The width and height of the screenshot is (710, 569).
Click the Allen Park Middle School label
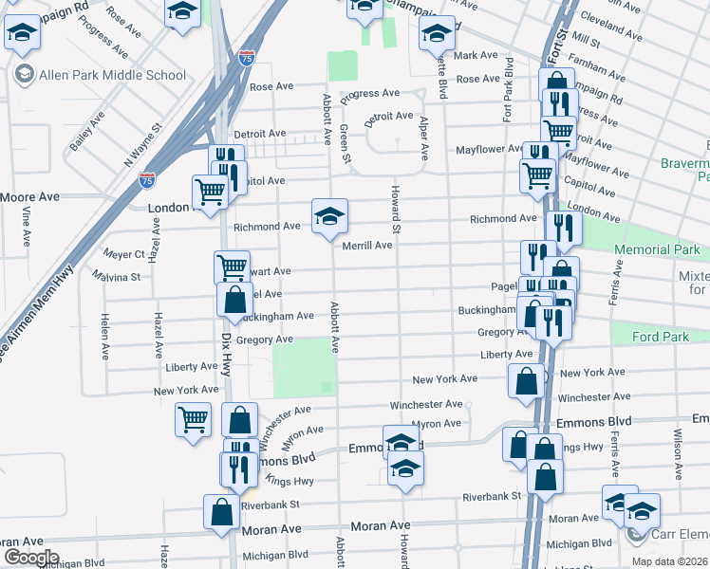(112, 75)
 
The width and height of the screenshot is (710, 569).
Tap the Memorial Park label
(656, 250)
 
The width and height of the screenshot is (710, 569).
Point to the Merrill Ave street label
(367, 246)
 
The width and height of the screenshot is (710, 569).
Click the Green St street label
(345, 142)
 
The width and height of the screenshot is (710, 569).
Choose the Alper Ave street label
(423, 138)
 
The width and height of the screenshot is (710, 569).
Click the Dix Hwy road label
(226, 354)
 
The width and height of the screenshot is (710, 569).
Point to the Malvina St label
(117, 277)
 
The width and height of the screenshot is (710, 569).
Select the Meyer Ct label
(124, 254)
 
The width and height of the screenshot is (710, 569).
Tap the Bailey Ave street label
(86, 134)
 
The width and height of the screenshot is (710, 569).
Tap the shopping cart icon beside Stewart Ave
(232, 266)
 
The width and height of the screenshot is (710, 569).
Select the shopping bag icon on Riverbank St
(221, 511)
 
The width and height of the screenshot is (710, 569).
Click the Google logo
(31, 558)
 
